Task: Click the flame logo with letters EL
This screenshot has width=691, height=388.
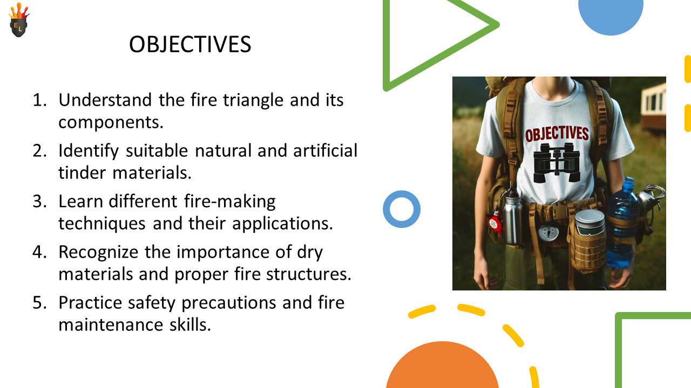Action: [x=19, y=20]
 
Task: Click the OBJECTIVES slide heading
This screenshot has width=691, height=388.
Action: [x=190, y=44]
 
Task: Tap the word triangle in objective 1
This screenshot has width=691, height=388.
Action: [x=253, y=100]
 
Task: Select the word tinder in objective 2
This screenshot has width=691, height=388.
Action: [x=82, y=172]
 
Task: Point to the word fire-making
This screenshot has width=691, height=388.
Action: [x=230, y=202]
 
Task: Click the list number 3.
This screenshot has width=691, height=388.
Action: [x=39, y=202]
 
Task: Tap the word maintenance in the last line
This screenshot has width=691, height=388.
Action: [x=111, y=325]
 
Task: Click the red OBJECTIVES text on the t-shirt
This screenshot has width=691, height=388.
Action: [x=557, y=134]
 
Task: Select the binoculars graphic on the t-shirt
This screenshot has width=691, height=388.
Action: [x=557, y=163]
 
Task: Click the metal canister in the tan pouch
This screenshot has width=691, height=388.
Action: [x=590, y=223]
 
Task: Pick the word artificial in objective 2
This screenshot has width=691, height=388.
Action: [x=325, y=151]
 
